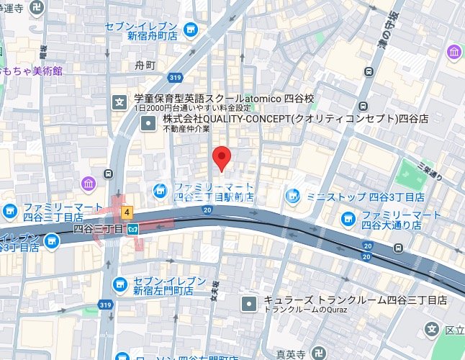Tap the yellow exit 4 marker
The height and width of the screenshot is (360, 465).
coord(127,212)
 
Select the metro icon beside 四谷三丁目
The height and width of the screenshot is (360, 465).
coord(133,229)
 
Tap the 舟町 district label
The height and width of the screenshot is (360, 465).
coord(145,66)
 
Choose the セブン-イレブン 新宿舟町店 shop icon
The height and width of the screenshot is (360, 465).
coord(191,29)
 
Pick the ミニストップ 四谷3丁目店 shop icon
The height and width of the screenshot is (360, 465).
coord(292,195)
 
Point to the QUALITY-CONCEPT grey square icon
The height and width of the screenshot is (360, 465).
coord(148,124)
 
